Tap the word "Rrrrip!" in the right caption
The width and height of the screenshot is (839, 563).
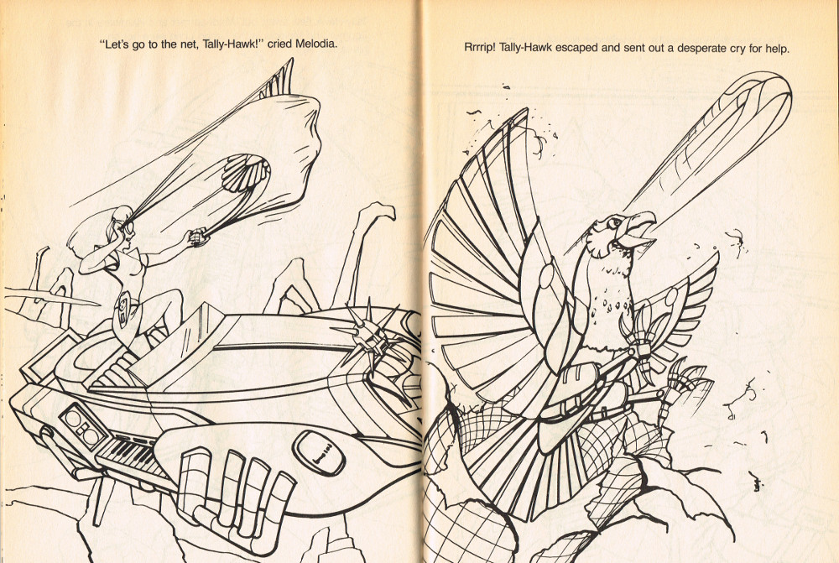click(x=479, y=48)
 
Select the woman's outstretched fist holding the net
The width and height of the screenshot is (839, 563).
click(x=199, y=237)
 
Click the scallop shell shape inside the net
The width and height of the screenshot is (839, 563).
click(x=244, y=172)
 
